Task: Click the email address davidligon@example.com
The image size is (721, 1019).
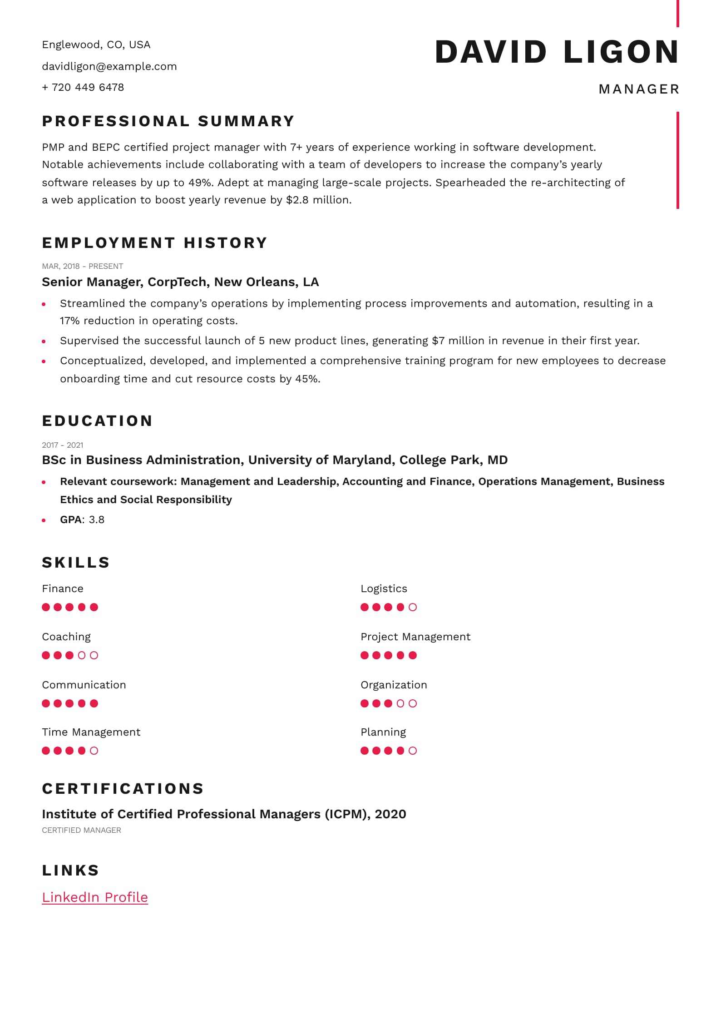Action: [x=109, y=66]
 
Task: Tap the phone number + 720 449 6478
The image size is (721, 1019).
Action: [x=83, y=87]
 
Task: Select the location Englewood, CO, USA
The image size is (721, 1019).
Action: [x=96, y=45]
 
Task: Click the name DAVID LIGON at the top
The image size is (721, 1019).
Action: [x=557, y=52]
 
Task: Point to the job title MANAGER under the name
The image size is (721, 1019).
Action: [x=638, y=89]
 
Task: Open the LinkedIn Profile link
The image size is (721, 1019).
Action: [x=95, y=897]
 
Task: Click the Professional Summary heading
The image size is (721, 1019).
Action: [x=168, y=121]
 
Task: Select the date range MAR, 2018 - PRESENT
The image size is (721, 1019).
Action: [x=82, y=266]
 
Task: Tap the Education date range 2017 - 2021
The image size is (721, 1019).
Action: [x=62, y=445]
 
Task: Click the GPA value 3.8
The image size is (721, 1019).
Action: [x=97, y=519]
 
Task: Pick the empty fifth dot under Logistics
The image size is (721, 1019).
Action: [x=413, y=607]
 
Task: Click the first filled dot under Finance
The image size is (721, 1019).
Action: [x=46, y=607]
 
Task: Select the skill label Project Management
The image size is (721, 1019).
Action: [x=415, y=637]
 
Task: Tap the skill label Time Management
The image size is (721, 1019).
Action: [x=91, y=732]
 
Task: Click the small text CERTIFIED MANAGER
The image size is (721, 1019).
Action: [x=81, y=830]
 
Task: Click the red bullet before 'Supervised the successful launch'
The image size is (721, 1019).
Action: [x=44, y=341]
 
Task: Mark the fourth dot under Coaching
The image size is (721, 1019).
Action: [x=82, y=655]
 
